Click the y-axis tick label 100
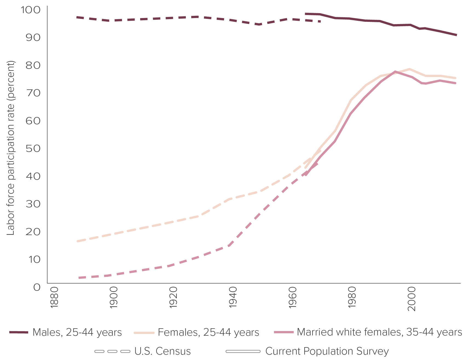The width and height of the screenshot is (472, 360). pyautogui.click(x=30, y=10)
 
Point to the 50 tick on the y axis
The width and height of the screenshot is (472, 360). pyautogui.click(x=33, y=148)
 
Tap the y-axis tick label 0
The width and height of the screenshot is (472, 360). pyautogui.click(x=37, y=287)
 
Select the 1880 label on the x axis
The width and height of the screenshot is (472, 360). pyautogui.click(x=54, y=297)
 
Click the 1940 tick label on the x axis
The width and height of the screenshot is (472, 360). pyautogui.click(x=233, y=297)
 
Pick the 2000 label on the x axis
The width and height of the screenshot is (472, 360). pyautogui.click(x=412, y=299)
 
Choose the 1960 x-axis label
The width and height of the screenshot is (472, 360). pyautogui.click(x=293, y=297)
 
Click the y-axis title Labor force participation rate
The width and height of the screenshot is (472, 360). pyautogui.click(x=10, y=148)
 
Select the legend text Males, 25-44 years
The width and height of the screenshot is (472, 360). pyautogui.click(x=77, y=332)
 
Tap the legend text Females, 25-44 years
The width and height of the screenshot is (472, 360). pyautogui.click(x=209, y=332)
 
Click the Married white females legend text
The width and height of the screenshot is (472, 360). pyautogui.click(x=380, y=332)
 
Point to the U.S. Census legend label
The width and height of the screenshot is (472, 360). pyautogui.click(x=163, y=351)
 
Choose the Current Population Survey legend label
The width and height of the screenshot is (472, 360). pyautogui.click(x=327, y=351)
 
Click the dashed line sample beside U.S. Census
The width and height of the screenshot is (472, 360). pyautogui.click(x=112, y=351)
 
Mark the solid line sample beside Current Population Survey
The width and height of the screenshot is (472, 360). pyautogui.click(x=243, y=351)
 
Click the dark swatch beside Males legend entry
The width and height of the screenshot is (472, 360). pyautogui.click(x=19, y=332)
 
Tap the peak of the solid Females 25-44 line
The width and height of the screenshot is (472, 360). pyautogui.click(x=410, y=69)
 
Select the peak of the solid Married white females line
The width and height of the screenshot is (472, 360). pyautogui.click(x=395, y=72)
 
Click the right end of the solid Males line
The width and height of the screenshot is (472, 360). pyautogui.click(x=456, y=35)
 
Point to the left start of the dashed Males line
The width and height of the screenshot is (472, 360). pyautogui.click(x=77, y=17)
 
